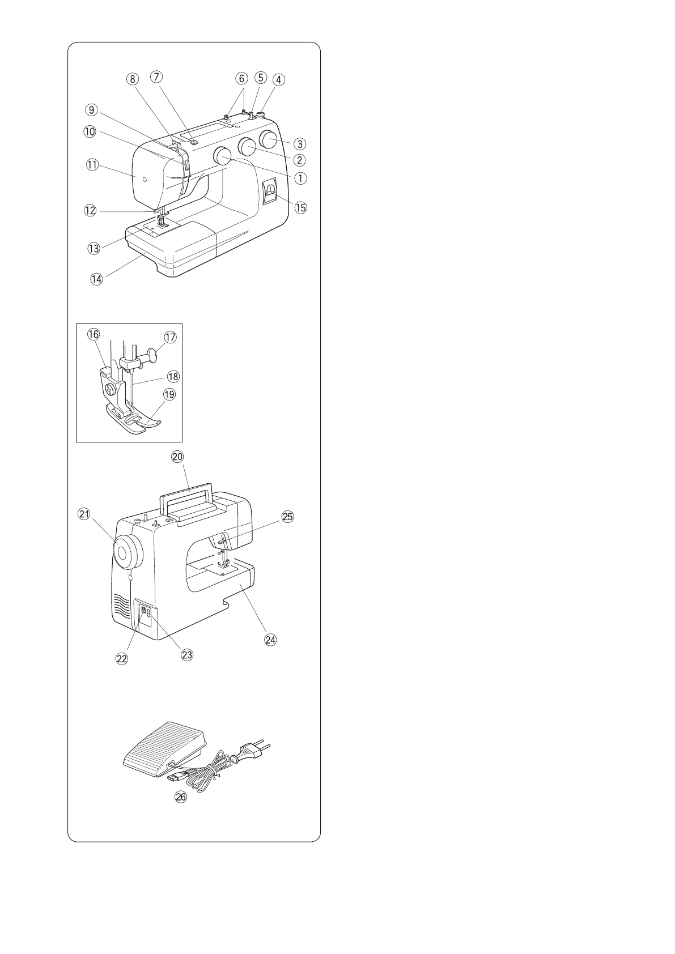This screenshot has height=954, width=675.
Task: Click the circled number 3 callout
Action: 300,144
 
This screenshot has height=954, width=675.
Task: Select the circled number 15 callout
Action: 300,207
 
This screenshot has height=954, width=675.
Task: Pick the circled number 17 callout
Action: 171,337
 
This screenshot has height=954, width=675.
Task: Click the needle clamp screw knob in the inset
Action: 152,355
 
